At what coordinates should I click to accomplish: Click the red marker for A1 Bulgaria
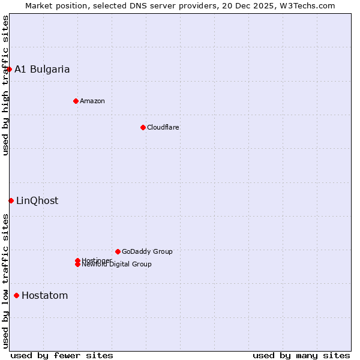(x=9, y=69)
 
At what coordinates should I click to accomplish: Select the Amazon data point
(x=76, y=101)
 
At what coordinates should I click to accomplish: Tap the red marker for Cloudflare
(x=143, y=127)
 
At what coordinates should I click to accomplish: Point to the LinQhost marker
(x=11, y=200)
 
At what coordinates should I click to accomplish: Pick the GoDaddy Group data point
(x=118, y=251)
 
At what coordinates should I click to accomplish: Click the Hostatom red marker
(x=16, y=295)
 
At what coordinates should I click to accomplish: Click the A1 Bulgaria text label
(x=42, y=69)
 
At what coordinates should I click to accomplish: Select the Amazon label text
(x=92, y=101)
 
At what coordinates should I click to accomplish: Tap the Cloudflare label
(x=163, y=127)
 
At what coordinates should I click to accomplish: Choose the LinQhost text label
(x=37, y=200)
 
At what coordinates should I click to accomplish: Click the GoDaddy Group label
(x=147, y=251)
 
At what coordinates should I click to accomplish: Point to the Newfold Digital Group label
(x=116, y=265)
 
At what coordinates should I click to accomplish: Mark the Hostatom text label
(x=45, y=295)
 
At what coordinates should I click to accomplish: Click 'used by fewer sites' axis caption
(x=62, y=355)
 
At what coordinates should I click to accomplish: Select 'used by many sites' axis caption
(x=301, y=355)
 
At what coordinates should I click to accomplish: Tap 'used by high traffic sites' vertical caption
(x=5, y=85)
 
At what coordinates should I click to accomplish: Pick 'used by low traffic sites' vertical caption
(x=5, y=280)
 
